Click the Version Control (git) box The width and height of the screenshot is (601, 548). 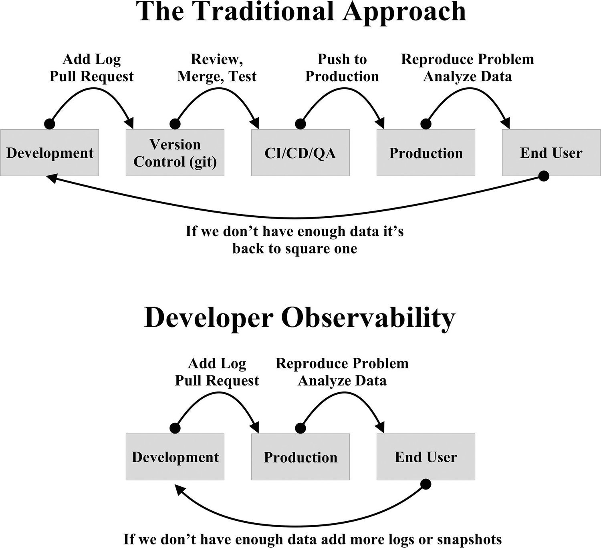pyautogui.click(x=175, y=153)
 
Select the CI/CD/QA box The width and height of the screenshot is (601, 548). pyautogui.click(x=300, y=153)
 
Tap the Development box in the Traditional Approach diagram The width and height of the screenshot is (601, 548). pyautogui.click(x=50, y=153)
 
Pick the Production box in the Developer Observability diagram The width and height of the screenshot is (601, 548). pyautogui.click(x=300, y=457)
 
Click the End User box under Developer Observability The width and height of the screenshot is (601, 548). pyautogui.click(x=426, y=457)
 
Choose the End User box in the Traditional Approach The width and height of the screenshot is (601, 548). pyautogui.click(x=551, y=153)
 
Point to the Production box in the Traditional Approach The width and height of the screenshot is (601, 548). pyautogui.click(x=426, y=153)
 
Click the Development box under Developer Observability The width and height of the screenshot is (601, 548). pyautogui.click(x=175, y=457)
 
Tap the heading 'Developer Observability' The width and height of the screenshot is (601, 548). pyautogui.click(x=300, y=318)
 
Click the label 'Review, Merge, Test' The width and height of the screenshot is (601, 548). pyautogui.click(x=217, y=68)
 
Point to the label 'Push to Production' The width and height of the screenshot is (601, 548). pyautogui.click(x=342, y=68)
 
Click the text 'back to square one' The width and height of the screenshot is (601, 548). pyautogui.click(x=295, y=249)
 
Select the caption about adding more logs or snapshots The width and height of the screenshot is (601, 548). pyautogui.click(x=313, y=539)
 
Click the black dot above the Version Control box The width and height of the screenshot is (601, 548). pyautogui.click(x=175, y=124)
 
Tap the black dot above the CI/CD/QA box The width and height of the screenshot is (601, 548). pyautogui.click(x=300, y=124)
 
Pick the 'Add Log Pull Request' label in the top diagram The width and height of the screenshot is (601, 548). pyautogui.click(x=91, y=68)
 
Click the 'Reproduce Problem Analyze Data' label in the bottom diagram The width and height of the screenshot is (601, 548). pyautogui.click(x=342, y=372)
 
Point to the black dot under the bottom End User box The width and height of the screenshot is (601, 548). pyautogui.click(x=426, y=484)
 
